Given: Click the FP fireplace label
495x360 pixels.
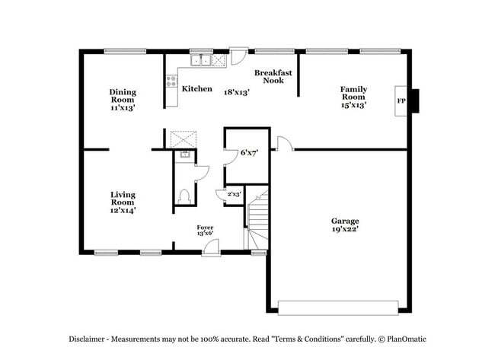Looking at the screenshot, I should [x=401, y=100].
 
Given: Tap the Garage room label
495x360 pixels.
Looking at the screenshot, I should [x=344, y=221].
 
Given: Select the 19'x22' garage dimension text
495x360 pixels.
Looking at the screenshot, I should [x=344, y=229].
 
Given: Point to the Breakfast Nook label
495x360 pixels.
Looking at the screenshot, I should [x=273, y=76].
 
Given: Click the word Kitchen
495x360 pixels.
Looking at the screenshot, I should [x=196, y=89].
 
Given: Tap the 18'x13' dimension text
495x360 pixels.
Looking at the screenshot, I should [x=236, y=92].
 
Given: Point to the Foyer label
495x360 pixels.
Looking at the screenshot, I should [x=205, y=227].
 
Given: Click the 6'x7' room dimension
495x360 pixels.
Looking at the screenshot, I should [x=249, y=153].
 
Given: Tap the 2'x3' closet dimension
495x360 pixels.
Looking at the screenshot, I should [x=234, y=195].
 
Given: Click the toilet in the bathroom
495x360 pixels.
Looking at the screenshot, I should [x=183, y=196].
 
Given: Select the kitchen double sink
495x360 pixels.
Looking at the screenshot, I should [x=201, y=60].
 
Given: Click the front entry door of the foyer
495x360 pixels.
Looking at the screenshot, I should [x=211, y=248].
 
